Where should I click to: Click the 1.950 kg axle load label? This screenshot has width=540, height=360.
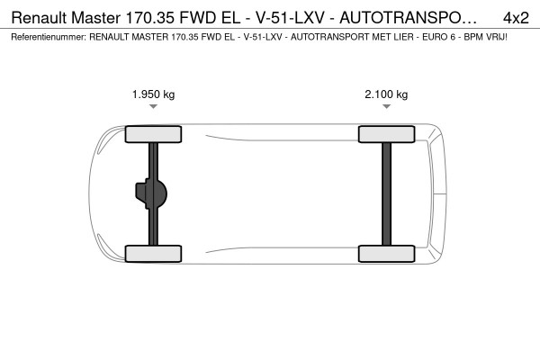click(153, 94)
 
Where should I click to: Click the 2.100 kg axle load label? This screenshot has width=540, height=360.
click(386, 94)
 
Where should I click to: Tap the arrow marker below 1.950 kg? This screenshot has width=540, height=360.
click(153, 106)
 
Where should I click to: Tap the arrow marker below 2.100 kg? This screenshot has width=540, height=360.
click(386, 106)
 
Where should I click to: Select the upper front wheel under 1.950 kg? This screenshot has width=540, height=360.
click(153, 134)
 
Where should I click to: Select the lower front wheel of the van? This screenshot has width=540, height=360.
click(153, 254)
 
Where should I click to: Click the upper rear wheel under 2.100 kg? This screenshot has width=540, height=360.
click(386, 134)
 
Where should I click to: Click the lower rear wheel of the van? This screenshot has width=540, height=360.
click(386, 254)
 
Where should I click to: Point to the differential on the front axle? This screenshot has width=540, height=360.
click(151, 194)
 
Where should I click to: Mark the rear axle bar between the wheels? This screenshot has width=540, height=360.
click(386, 194)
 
